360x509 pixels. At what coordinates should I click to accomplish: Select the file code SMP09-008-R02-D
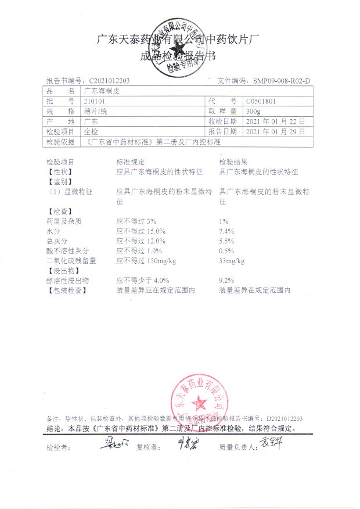click(279, 81)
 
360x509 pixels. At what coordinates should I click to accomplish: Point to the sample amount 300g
click(253, 111)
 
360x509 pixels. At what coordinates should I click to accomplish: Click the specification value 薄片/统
click(96, 111)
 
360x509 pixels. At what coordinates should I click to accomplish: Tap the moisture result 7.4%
click(226, 231)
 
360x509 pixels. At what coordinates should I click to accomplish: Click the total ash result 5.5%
click(226, 241)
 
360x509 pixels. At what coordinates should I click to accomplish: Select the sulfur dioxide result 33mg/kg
click(232, 261)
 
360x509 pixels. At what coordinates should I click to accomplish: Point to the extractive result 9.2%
click(226, 281)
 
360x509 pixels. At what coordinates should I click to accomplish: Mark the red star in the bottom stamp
click(200, 402)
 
